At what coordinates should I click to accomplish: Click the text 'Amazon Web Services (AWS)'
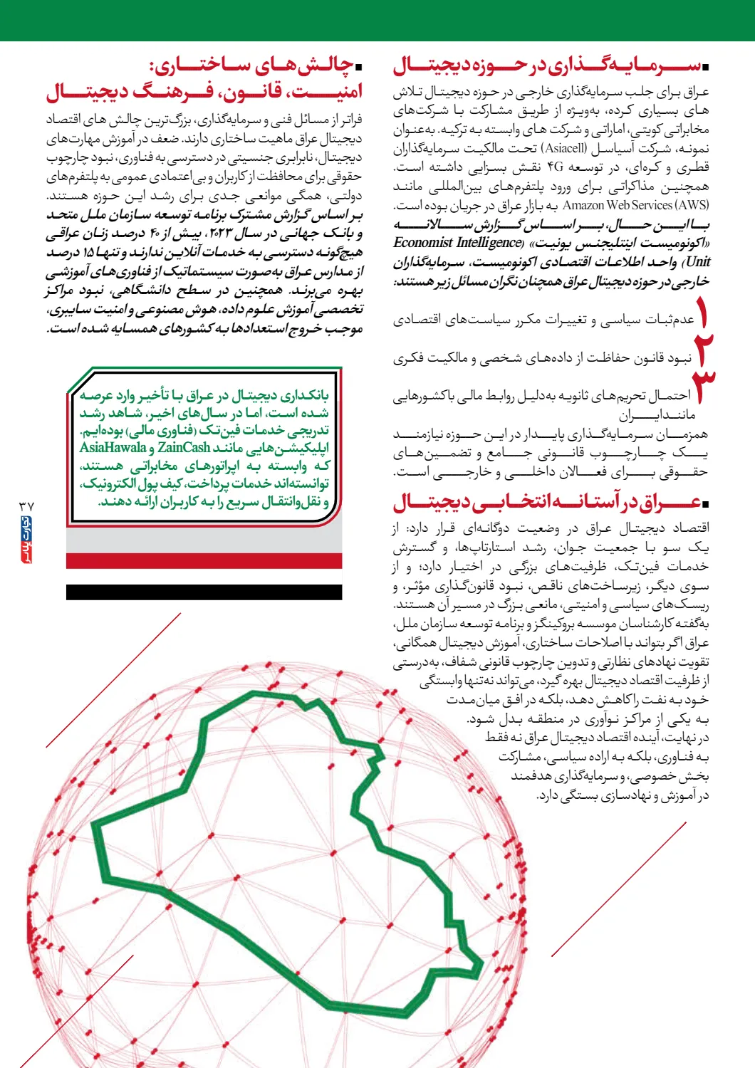point(635,205)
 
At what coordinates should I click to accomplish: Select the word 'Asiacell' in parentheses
point(566,149)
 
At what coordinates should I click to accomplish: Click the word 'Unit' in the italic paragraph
point(698,262)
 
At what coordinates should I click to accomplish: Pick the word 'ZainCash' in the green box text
point(184,448)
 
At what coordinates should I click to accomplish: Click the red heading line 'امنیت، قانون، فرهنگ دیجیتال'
point(204,91)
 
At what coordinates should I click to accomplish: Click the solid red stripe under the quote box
point(204,561)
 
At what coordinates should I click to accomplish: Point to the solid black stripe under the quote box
point(204,592)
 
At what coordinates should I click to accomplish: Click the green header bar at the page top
point(377,20)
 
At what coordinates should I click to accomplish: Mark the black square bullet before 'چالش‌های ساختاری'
point(359,68)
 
